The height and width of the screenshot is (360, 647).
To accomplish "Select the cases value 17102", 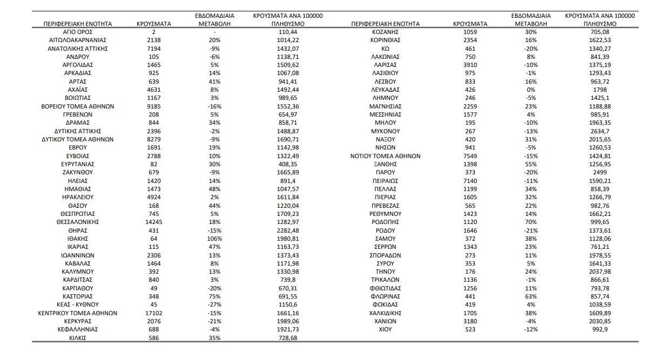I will tap(154, 313).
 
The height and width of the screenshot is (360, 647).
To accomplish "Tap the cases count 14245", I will tap(154, 222).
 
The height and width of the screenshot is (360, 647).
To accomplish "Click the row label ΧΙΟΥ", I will tap(385, 329).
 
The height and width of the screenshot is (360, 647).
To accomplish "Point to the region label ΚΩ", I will tap(385, 49).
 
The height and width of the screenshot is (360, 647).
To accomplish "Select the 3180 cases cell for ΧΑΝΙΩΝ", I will tap(470, 321).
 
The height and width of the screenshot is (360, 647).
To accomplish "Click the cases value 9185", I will tap(154, 106).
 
